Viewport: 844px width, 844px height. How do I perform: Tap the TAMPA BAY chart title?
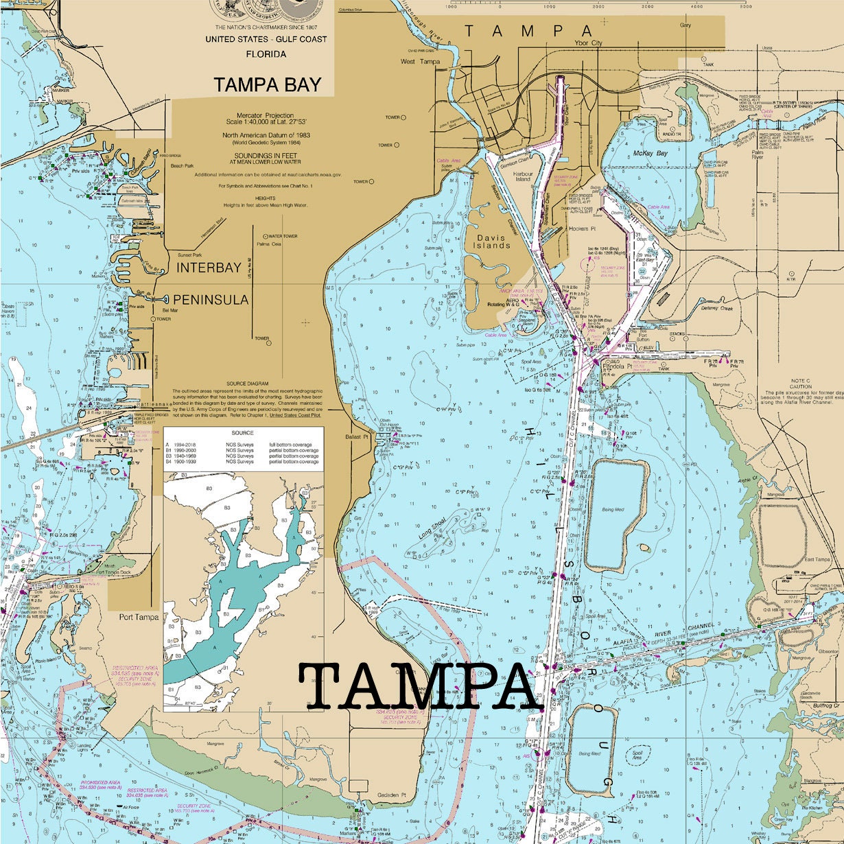click(267, 84)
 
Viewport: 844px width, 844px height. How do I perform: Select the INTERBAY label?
click(209, 268)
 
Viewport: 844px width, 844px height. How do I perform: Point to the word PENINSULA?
click(211, 300)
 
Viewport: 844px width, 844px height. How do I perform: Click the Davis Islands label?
click(492, 242)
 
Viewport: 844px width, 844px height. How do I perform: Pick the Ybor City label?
click(587, 43)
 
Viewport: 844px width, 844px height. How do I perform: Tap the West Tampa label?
click(420, 62)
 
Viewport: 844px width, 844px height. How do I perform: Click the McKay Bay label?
click(650, 153)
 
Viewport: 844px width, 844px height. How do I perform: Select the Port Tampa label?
click(139, 617)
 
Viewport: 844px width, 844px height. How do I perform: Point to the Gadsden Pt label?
click(391, 795)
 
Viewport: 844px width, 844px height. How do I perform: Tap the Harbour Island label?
click(524, 176)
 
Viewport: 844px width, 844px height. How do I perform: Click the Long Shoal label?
click(432, 528)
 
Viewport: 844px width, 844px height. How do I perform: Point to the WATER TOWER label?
click(283, 236)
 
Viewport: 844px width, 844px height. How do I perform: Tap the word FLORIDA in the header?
click(266, 54)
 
